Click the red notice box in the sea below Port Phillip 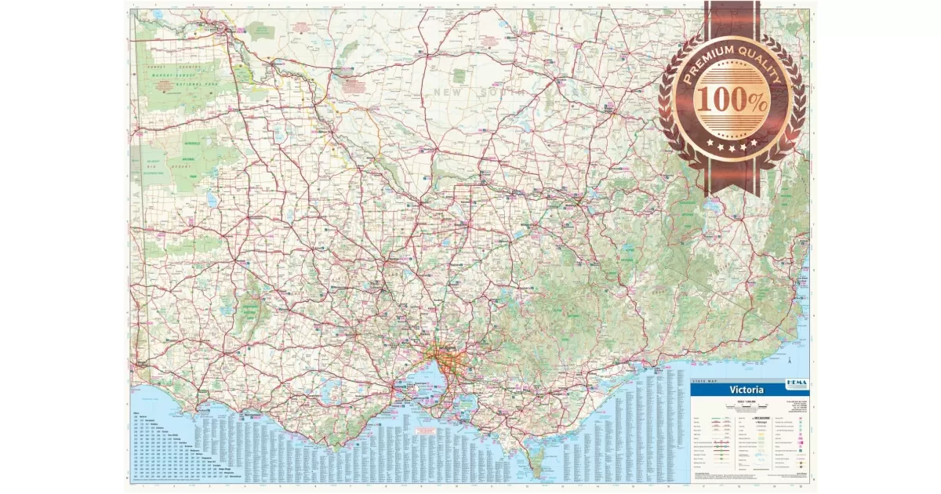426,431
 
